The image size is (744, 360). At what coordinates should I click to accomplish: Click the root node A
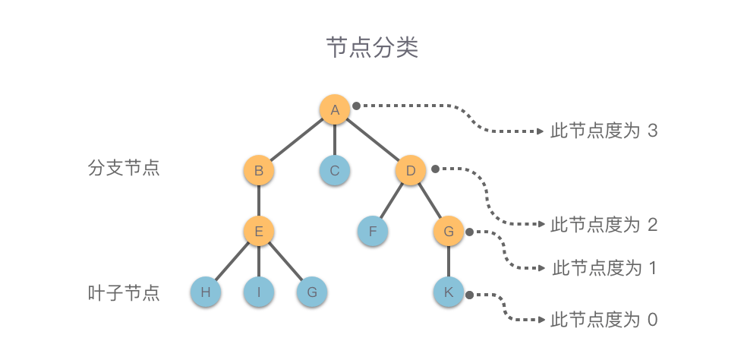[335, 109]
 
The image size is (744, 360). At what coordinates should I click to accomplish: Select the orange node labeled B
[259, 170]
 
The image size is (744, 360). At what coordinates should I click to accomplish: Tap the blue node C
[335, 170]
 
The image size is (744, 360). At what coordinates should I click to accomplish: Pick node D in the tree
[411, 170]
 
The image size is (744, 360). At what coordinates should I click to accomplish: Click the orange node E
[259, 231]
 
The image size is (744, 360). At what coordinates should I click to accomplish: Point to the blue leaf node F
[373, 231]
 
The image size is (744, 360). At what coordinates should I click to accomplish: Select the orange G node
[449, 231]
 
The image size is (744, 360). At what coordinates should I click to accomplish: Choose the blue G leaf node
[312, 292]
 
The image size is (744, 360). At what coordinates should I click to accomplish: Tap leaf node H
[205, 292]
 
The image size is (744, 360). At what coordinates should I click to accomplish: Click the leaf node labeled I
[259, 292]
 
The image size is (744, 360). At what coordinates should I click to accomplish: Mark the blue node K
[449, 292]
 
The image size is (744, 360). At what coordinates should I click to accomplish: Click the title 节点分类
[372, 49]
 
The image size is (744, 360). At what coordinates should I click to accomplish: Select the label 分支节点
[124, 168]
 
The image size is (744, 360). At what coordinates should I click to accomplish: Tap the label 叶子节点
[124, 293]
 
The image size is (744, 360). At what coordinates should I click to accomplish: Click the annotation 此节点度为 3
[604, 131]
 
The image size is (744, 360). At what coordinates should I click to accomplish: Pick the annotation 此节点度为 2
[604, 225]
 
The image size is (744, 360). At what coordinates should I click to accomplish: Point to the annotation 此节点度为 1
[604, 268]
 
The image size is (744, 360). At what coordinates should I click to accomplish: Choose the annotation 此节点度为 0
[604, 320]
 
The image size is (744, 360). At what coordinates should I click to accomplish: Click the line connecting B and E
[259, 201]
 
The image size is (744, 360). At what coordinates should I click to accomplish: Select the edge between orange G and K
[449, 261]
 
